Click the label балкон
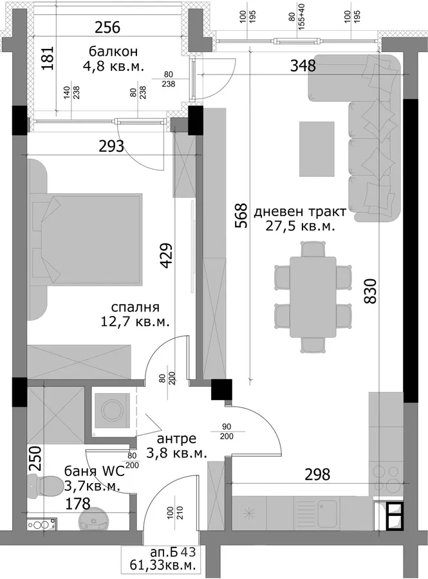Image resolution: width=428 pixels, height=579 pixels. pos(113,51)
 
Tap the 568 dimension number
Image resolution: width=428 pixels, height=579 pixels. pos(241,216)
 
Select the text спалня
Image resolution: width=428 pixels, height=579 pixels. pos(135,307)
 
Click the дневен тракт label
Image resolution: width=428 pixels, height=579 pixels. pos(300,212)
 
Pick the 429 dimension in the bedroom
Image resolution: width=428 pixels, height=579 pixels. pos(166,255)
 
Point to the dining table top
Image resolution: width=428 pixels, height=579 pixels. pos(313,297)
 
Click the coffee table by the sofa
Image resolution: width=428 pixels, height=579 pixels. pos(317,149)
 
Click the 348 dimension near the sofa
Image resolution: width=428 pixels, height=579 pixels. pos(302,66)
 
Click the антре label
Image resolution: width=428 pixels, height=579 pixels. pos(176,439)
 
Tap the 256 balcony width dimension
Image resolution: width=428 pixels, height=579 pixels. pos(107,28)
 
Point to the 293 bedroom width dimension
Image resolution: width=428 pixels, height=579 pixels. pos(111,147)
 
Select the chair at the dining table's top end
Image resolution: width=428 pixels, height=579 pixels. pos(313,248)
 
